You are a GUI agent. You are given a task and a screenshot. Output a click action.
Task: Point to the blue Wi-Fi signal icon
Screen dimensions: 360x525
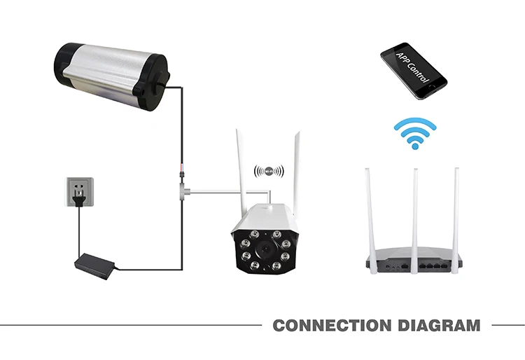click(x=414, y=134)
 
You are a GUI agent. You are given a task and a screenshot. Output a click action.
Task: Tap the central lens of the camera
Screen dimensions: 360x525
click(x=267, y=249)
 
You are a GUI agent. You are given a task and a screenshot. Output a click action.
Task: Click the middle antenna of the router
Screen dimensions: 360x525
click(x=414, y=210)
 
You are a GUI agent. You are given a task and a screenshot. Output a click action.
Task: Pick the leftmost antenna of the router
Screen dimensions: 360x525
click(x=371, y=210)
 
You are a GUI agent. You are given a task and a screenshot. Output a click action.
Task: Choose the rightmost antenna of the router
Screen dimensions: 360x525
click(x=456, y=210)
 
